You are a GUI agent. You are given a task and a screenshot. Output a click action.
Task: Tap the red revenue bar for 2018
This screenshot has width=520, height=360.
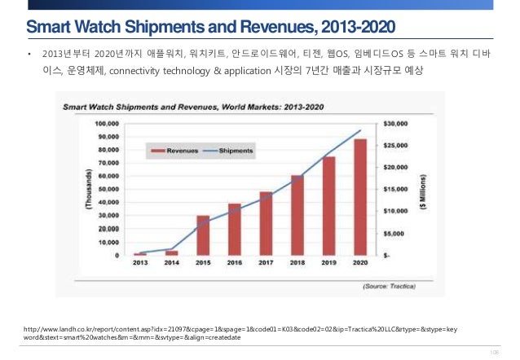[297, 214]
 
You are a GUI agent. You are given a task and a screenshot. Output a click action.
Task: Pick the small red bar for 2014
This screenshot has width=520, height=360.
[171, 252]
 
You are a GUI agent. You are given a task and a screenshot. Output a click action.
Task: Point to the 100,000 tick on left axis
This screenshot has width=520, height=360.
[108, 123]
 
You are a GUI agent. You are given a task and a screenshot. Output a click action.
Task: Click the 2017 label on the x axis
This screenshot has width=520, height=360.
[266, 263]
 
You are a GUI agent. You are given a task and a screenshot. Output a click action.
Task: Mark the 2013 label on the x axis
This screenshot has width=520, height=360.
[140, 263]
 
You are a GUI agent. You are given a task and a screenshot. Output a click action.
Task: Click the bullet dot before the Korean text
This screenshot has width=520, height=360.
[29, 56]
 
